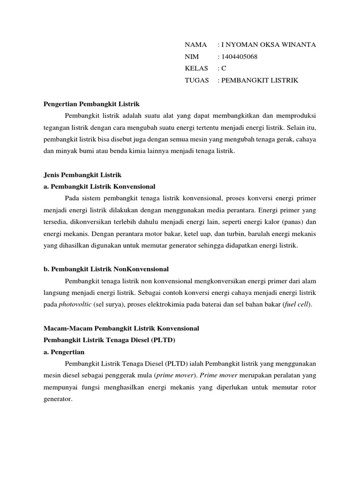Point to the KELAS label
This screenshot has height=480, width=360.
point(196,68)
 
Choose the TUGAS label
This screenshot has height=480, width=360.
point(197,80)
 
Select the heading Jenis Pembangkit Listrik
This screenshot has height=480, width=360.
point(82,174)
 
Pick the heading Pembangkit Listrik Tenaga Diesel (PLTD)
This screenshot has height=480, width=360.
point(109,340)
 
